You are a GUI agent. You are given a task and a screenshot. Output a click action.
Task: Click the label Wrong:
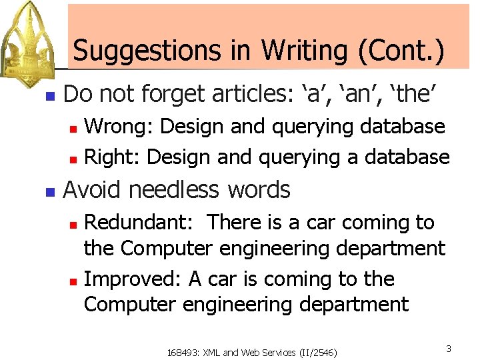[x=119, y=126]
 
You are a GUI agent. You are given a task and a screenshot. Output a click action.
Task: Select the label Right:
[x=113, y=157]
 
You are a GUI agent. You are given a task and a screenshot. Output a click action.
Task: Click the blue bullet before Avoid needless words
[x=49, y=192]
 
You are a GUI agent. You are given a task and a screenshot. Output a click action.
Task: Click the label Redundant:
[x=140, y=223]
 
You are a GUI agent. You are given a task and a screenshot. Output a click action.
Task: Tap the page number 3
[x=449, y=349]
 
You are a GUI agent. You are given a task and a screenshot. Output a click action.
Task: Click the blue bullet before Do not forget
[x=49, y=96]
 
